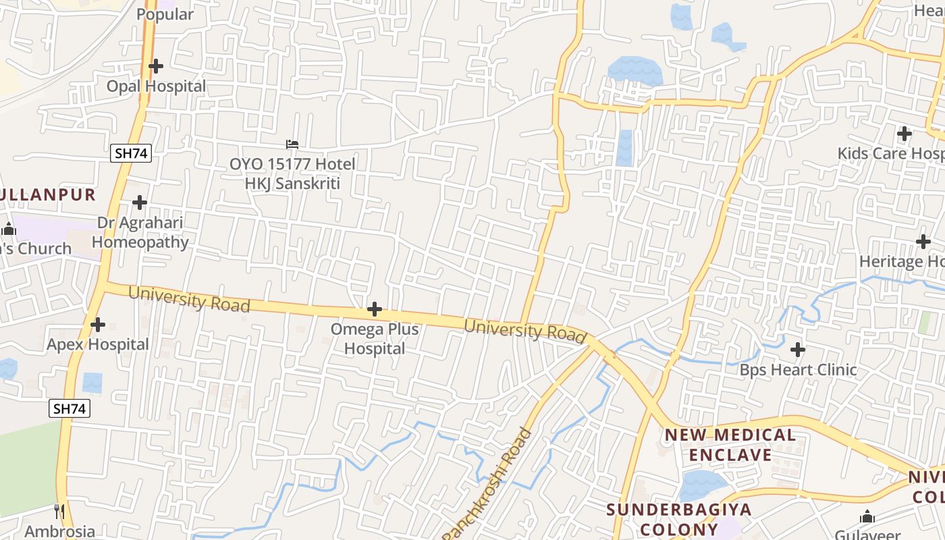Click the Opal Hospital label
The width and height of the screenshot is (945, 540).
tap(156, 86)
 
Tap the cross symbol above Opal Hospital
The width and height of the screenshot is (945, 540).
tap(156, 66)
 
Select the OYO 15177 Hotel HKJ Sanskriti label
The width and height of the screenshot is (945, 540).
tap(292, 173)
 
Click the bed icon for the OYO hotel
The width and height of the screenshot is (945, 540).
tap(292, 144)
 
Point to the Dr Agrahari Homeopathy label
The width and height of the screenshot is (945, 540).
tap(140, 232)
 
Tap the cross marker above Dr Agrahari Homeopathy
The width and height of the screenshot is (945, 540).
tap(140, 202)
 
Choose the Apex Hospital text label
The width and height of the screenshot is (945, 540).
tap(98, 344)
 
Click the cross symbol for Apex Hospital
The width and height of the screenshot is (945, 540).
tap(98, 325)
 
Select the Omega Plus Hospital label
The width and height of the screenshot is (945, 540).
tap(375, 339)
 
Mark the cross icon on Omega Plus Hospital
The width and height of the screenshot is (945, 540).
tap(375, 310)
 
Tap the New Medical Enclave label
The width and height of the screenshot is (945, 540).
tap(730, 445)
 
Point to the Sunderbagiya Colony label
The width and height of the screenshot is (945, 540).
tap(678, 518)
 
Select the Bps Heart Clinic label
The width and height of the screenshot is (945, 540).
tap(798, 370)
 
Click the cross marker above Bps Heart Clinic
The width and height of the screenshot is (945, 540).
tap(798, 350)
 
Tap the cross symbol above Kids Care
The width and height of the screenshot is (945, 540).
tap(905, 133)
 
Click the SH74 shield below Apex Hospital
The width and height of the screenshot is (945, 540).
tap(70, 408)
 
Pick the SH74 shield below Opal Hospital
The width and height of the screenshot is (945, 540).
tap(131, 153)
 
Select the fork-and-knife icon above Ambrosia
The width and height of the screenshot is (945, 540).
tap(59, 511)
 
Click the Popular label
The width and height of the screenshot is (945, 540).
tap(165, 14)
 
